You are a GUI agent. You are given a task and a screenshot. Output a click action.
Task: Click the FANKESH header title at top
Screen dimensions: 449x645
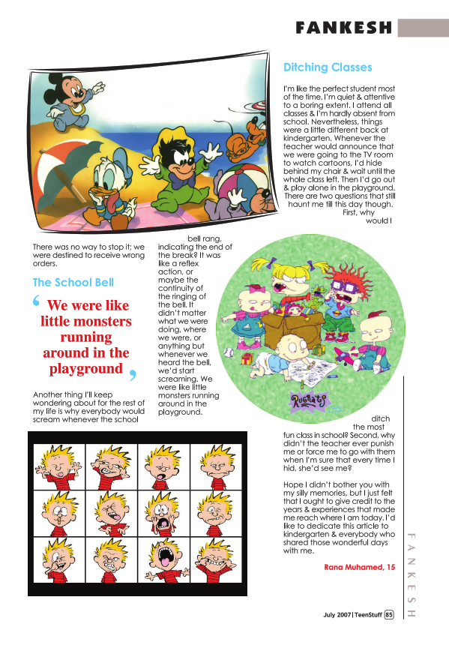tap(344, 28)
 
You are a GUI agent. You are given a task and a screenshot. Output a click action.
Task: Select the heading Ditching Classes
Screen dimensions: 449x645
tap(328, 67)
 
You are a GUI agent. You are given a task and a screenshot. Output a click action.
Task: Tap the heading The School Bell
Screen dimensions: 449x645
tap(73, 283)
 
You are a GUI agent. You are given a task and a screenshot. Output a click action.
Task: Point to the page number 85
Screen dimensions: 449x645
tap(389, 615)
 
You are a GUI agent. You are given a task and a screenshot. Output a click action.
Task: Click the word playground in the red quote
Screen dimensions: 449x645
tap(85, 369)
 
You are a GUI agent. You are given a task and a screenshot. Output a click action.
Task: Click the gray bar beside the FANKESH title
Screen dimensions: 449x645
tap(422, 28)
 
